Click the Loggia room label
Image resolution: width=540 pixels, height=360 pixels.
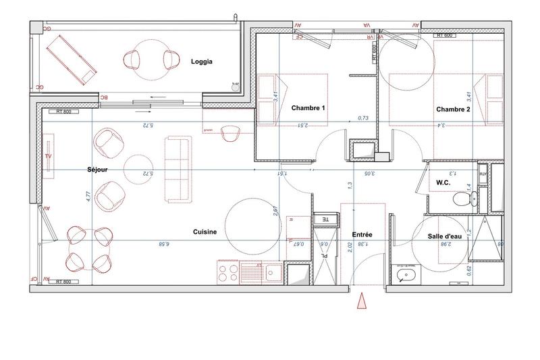[202, 61]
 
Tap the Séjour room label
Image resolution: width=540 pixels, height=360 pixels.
[98, 169]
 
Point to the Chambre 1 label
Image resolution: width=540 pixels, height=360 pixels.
[308, 108]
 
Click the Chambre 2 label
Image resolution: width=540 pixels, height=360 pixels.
[453, 109]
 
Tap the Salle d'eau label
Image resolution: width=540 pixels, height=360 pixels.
[445, 236]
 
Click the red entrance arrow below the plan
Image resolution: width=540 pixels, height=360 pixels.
[362, 302]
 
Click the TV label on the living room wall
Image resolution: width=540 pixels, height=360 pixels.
[48, 156]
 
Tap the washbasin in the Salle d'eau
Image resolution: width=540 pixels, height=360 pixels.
[406, 276]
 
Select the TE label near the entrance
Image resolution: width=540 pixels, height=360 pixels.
[324, 220]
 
